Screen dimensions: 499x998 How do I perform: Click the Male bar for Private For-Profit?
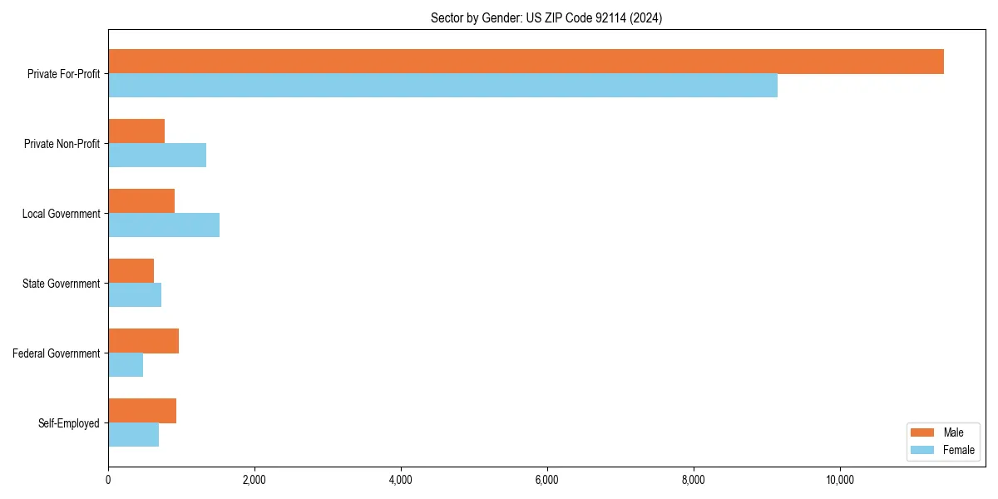tap(526, 62)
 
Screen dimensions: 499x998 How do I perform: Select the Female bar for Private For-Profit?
tap(442, 86)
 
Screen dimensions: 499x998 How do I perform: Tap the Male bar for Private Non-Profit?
tap(136, 131)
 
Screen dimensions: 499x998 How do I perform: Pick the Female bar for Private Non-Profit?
tap(157, 156)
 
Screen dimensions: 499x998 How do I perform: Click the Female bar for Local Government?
tap(164, 225)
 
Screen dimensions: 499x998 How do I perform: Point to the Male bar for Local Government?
tap(141, 201)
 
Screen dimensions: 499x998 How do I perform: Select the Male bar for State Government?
tap(131, 271)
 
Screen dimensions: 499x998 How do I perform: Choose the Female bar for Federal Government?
tap(126, 365)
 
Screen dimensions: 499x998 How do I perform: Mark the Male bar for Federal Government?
tap(143, 341)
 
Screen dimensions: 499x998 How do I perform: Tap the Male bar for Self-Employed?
tap(142, 411)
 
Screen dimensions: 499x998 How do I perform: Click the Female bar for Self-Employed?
tap(133, 435)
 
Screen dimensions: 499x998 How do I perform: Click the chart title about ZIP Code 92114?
tap(546, 17)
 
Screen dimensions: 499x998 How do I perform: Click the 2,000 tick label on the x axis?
tap(254, 480)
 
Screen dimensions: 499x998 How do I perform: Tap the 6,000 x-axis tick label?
tap(547, 480)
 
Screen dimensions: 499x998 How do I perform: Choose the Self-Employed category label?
tap(69, 423)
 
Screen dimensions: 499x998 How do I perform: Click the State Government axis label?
tap(62, 284)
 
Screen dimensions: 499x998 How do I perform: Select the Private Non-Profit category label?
tap(62, 144)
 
